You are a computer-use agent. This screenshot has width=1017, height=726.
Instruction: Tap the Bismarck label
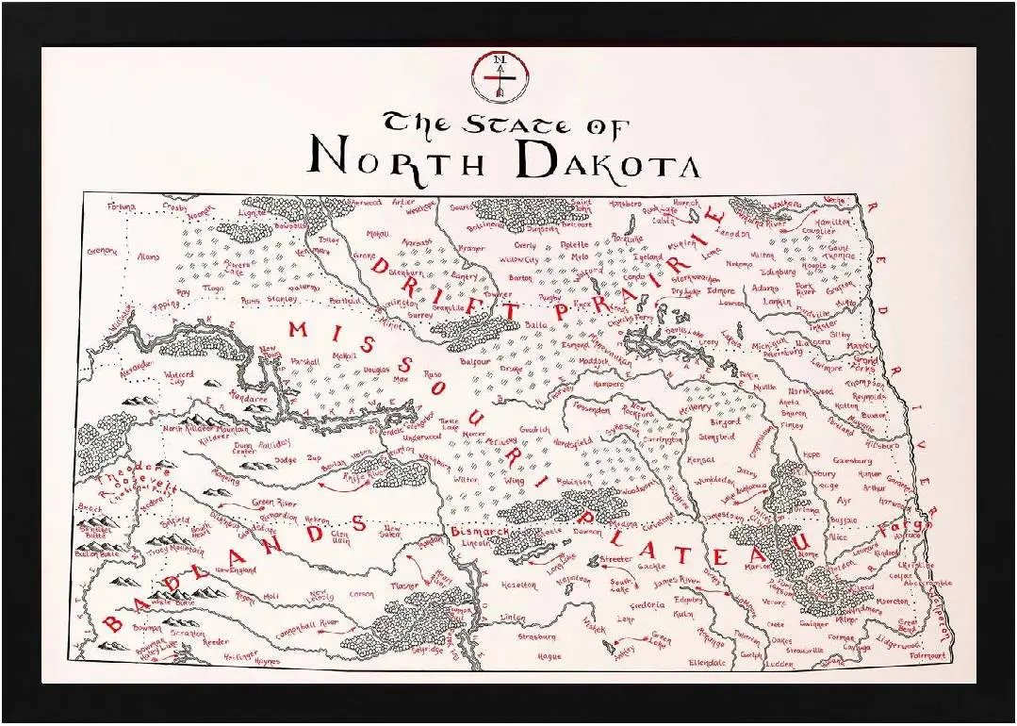(480, 533)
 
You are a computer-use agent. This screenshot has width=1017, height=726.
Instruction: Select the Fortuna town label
(122, 206)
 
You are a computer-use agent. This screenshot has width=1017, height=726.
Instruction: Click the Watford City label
(179, 378)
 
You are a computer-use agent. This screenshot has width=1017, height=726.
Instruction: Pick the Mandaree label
(249, 399)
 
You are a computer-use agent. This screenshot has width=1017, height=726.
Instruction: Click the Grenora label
(102, 251)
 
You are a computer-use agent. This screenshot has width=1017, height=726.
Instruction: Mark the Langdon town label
(732, 232)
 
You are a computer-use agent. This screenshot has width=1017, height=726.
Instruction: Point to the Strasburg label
(537, 636)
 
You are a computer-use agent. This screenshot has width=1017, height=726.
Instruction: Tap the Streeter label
(615, 560)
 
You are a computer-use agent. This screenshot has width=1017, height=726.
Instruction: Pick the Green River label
(273, 503)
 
